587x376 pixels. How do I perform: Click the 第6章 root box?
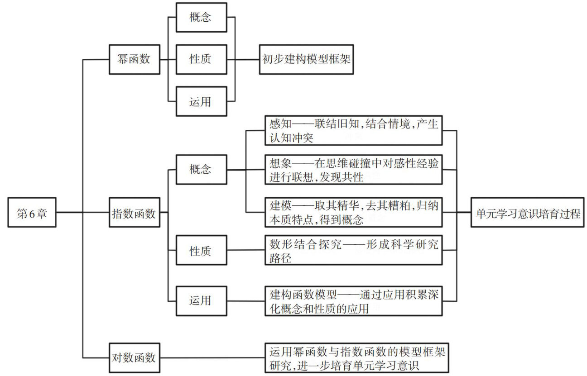[x=32, y=213]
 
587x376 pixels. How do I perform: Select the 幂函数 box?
[x=135, y=59]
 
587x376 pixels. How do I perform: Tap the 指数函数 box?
[x=135, y=213]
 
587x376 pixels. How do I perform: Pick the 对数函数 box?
[x=135, y=358]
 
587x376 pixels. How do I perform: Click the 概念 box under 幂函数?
[x=200, y=18]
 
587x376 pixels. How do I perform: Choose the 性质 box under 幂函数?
[x=200, y=59]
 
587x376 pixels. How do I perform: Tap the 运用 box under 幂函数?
[x=200, y=101]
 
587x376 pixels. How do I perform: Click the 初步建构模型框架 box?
[x=306, y=59]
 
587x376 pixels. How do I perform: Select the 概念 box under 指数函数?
[x=200, y=170]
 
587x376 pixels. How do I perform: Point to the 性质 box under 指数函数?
[x=200, y=250]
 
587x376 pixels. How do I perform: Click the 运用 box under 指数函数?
[x=200, y=300]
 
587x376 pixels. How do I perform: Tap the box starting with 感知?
[x=353, y=130]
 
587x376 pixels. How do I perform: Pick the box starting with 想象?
[x=353, y=170]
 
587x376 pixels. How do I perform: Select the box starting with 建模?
[x=353, y=212]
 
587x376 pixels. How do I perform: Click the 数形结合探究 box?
[x=353, y=250]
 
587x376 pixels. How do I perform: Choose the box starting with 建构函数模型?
[x=353, y=301]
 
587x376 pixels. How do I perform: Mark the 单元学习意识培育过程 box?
[x=528, y=213]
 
